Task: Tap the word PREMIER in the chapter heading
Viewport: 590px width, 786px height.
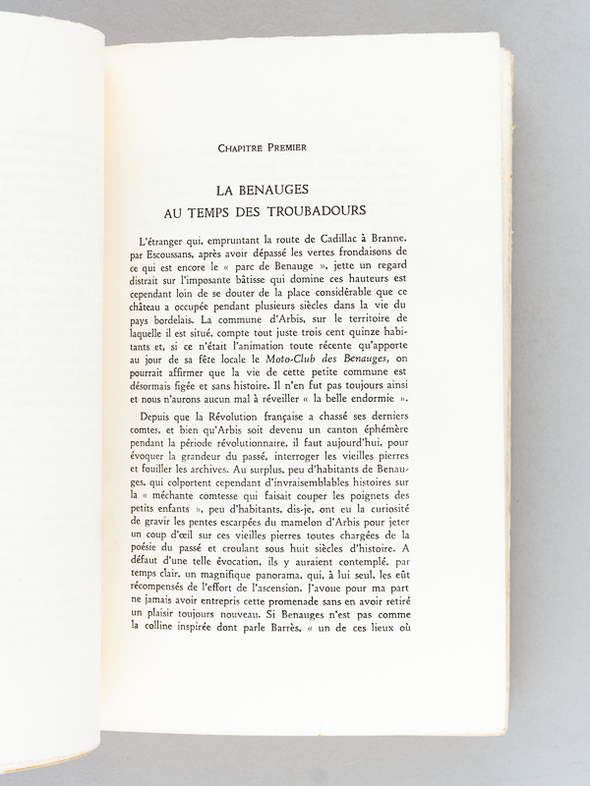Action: [285, 147]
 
